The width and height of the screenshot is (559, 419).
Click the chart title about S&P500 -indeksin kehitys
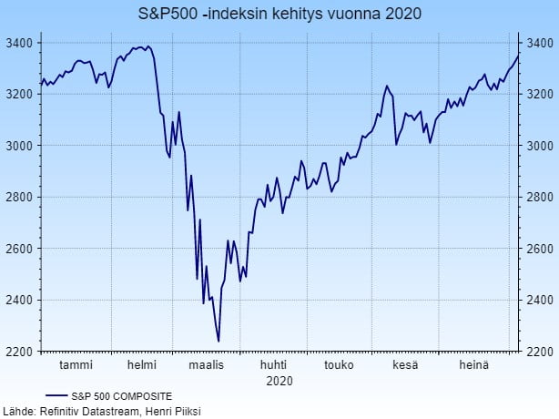(x=279, y=15)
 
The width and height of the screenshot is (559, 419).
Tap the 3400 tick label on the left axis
(x=19, y=44)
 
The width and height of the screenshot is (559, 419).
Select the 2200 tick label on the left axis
(x=19, y=352)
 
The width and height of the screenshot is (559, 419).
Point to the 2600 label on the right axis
(x=539, y=249)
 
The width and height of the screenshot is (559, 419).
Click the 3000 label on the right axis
(x=539, y=146)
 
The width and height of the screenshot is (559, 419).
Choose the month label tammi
(x=76, y=365)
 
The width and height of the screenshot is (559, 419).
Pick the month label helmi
(x=141, y=365)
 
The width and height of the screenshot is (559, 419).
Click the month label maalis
(x=206, y=365)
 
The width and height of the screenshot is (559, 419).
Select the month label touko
(x=339, y=365)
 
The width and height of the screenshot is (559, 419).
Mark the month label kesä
(x=405, y=365)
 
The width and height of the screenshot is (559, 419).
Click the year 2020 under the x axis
(x=279, y=380)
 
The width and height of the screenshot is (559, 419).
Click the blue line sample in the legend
(x=56, y=396)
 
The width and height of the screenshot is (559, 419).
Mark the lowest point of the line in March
(x=219, y=341)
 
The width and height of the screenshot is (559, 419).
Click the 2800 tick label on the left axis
(x=19, y=198)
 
